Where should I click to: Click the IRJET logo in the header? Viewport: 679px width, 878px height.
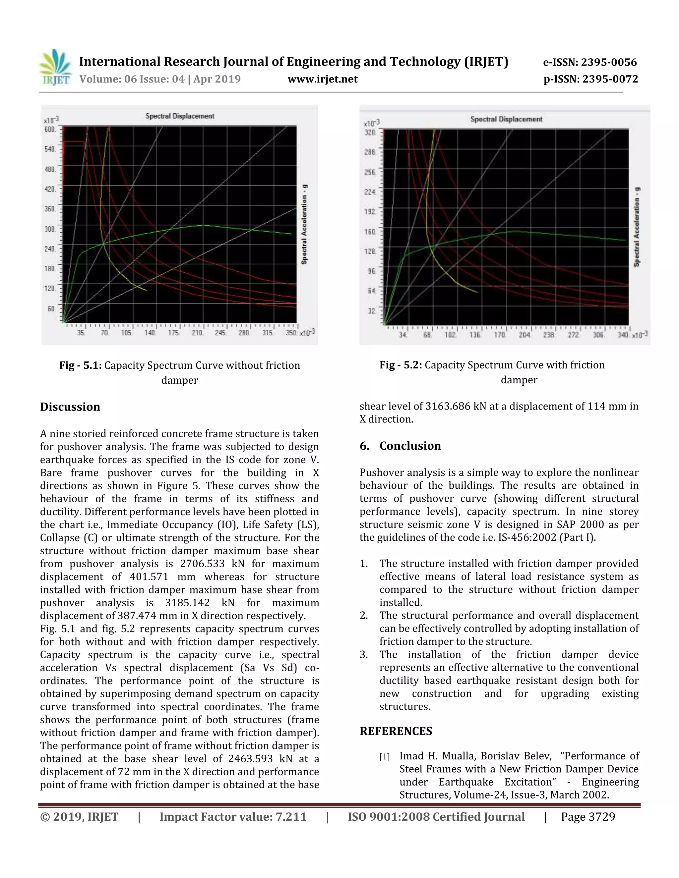pos(55,67)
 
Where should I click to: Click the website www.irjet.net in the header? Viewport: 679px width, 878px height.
pos(323,79)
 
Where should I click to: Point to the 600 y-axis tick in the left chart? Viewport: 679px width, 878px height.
pos(50,129)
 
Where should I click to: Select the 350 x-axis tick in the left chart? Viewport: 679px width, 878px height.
pos(291,333)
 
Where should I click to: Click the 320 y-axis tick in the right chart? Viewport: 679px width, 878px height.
pos(370,133)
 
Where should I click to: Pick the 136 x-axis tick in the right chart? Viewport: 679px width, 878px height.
pos(475,335)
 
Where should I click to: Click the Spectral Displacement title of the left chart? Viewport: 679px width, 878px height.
pos(180,116)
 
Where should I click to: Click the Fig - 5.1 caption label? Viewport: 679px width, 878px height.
pos(81,365)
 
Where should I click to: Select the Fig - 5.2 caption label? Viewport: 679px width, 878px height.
pos(401,365)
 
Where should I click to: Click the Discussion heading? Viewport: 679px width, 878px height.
pos(70,407)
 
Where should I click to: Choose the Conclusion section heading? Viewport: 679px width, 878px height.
pos(410,446)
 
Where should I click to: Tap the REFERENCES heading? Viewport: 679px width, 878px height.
pos(396,731)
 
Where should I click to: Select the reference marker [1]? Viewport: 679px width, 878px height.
pos(385,757)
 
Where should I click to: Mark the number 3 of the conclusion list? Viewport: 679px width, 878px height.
pos(364,655)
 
